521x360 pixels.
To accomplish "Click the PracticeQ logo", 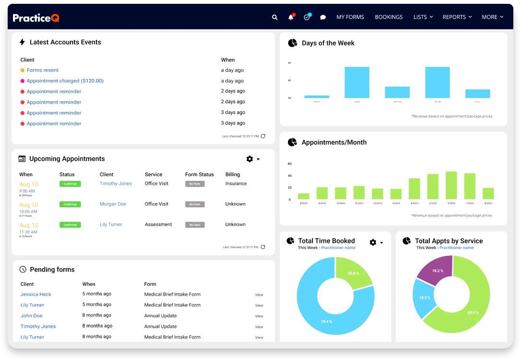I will (x=36, y=18).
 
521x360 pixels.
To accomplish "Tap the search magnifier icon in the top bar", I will (x=275, y=17).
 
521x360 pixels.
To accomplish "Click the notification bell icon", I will (x=291, y=17).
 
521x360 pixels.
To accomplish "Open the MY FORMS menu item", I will (x=350, y=17).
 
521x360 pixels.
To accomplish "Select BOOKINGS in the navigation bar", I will (x=389, y=17).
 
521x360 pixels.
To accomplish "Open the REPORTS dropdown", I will (x=457, y=17).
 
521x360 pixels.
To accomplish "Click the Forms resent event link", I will (x=43, y=70).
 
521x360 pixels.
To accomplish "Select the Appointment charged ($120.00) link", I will (x=65, y=81).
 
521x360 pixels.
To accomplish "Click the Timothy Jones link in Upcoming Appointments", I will (x=116, y=183).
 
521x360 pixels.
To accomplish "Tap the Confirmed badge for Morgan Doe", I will (x=70, y=204).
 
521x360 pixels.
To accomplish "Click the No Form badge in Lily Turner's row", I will (x=195, y=225).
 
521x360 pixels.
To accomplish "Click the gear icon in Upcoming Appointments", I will (x=249, y=159).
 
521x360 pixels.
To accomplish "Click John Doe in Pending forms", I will (x=32, y=316).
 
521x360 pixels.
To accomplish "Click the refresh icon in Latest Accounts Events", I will (x=263, y=136).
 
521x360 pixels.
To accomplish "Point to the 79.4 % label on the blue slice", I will (x=326, y=322).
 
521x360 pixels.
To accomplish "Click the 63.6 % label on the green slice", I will (x=473, y=312).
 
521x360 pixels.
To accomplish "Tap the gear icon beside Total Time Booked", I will (x=373, y=242).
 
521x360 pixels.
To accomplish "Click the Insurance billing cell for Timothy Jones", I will (x=236, y=183).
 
